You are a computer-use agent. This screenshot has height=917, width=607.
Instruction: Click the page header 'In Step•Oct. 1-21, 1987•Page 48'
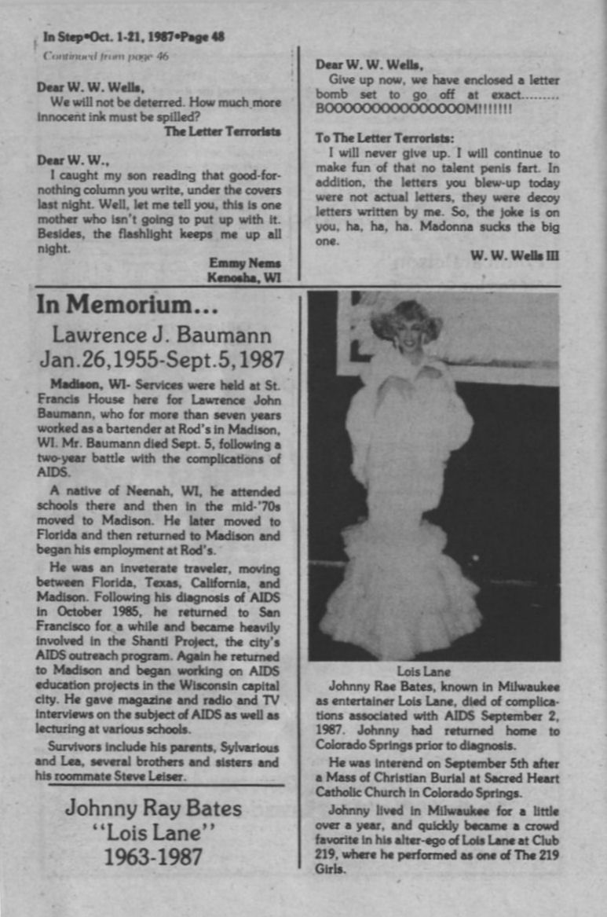[x=133, y=36]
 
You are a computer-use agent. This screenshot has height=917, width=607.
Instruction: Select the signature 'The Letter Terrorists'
[x=222, y=131]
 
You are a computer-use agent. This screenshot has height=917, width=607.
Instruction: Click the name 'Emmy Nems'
[x=245, y=263]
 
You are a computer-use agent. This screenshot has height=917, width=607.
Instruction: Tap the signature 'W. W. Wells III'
[x=514, y=256]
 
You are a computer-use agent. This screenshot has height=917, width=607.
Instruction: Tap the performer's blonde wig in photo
[x=406, y=318]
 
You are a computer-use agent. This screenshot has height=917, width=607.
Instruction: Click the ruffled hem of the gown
[x=400, y=597]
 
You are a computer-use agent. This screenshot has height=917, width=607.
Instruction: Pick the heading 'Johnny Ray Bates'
[x=154, y=808]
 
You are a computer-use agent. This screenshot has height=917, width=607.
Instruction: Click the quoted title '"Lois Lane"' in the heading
[x=154, y=831]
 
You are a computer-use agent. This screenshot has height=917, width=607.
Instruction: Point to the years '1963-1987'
[x=154, y=856]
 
